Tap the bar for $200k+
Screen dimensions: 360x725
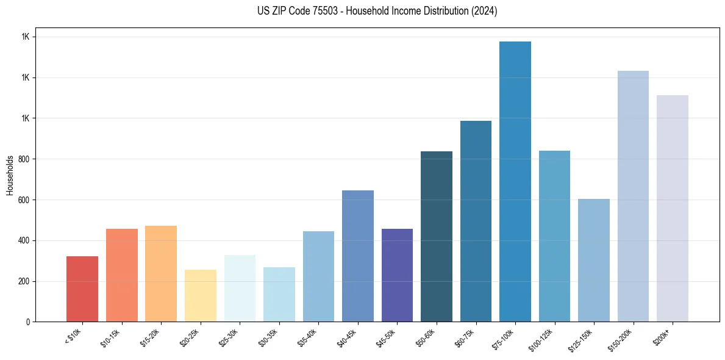coord(673,208)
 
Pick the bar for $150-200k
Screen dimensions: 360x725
coord(633,196)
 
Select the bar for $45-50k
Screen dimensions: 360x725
coord(397,275)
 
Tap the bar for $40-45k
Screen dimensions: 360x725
coord(358,256)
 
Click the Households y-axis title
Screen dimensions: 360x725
coord(10,175)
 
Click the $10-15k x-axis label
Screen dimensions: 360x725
coord(110,336)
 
